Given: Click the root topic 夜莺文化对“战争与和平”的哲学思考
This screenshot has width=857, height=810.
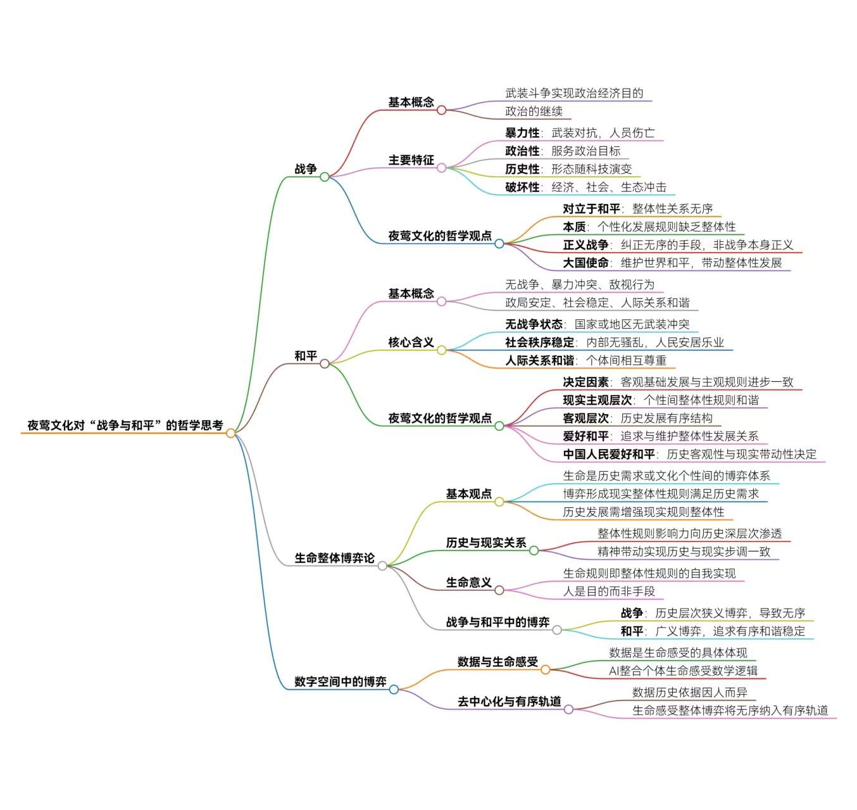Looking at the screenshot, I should (125, 425).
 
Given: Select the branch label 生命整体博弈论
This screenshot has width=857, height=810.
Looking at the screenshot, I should (334, 558).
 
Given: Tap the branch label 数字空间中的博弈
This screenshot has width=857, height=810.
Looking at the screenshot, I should (340, 681).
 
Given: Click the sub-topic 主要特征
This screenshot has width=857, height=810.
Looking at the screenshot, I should (411, 160).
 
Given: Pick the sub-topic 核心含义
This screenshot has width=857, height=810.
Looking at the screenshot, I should (411, 343).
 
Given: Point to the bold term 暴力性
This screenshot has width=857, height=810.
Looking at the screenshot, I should (522, 133).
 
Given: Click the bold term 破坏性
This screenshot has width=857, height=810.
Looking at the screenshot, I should (522, 187).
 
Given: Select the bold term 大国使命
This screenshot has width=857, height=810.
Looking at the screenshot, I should (585, 263).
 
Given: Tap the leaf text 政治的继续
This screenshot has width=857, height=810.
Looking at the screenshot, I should (534, 111).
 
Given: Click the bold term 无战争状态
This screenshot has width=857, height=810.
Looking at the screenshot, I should (534, 324).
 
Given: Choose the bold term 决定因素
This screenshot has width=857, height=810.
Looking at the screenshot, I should (585, 382).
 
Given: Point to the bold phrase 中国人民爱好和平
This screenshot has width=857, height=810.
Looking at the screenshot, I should (609, 454).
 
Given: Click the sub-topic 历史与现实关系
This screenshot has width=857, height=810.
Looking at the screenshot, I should (485, 543).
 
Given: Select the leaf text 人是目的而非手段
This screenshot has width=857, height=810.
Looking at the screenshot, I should (609, 592).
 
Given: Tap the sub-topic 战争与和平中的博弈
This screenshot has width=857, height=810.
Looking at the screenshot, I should (497, 622).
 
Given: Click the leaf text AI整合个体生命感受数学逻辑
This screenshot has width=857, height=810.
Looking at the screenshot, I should (683, 671).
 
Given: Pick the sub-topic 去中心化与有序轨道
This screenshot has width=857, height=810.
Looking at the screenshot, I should (509, 701).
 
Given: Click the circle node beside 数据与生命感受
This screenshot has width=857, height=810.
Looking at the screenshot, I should (545, 669).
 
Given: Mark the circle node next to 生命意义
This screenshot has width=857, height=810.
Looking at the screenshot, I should (499, 590).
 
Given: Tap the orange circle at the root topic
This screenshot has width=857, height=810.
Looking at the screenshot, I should (231, 433).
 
